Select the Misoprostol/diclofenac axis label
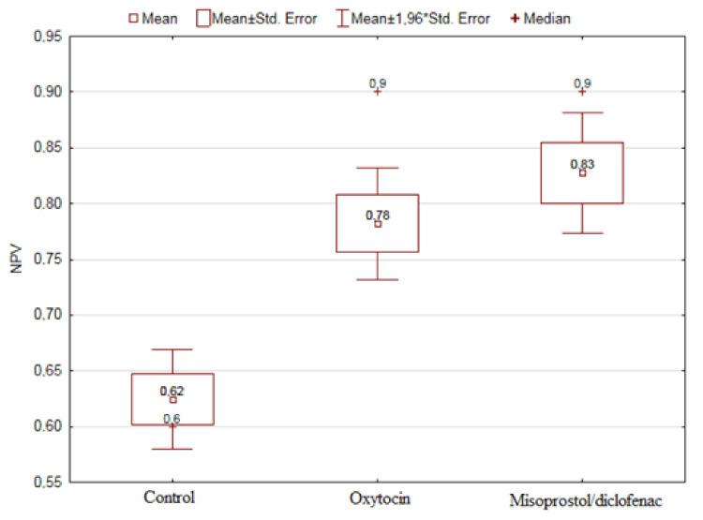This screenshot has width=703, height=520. pos(582,500)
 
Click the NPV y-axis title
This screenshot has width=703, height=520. pos(14,260)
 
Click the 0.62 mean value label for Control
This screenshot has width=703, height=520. pos(172,391)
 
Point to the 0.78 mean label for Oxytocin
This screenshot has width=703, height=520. pos(378,215)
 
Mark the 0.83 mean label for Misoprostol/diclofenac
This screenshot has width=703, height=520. pos(582,165)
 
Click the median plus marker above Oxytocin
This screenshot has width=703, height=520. pos(378,92)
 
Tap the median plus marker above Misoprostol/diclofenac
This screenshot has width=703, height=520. pos(582,92)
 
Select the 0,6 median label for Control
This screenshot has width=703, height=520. pos(172,418)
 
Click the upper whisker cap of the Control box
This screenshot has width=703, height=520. pos(172,349)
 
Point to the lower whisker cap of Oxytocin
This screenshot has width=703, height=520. pos(378,279)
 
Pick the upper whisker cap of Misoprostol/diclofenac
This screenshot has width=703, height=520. pos(582,112)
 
